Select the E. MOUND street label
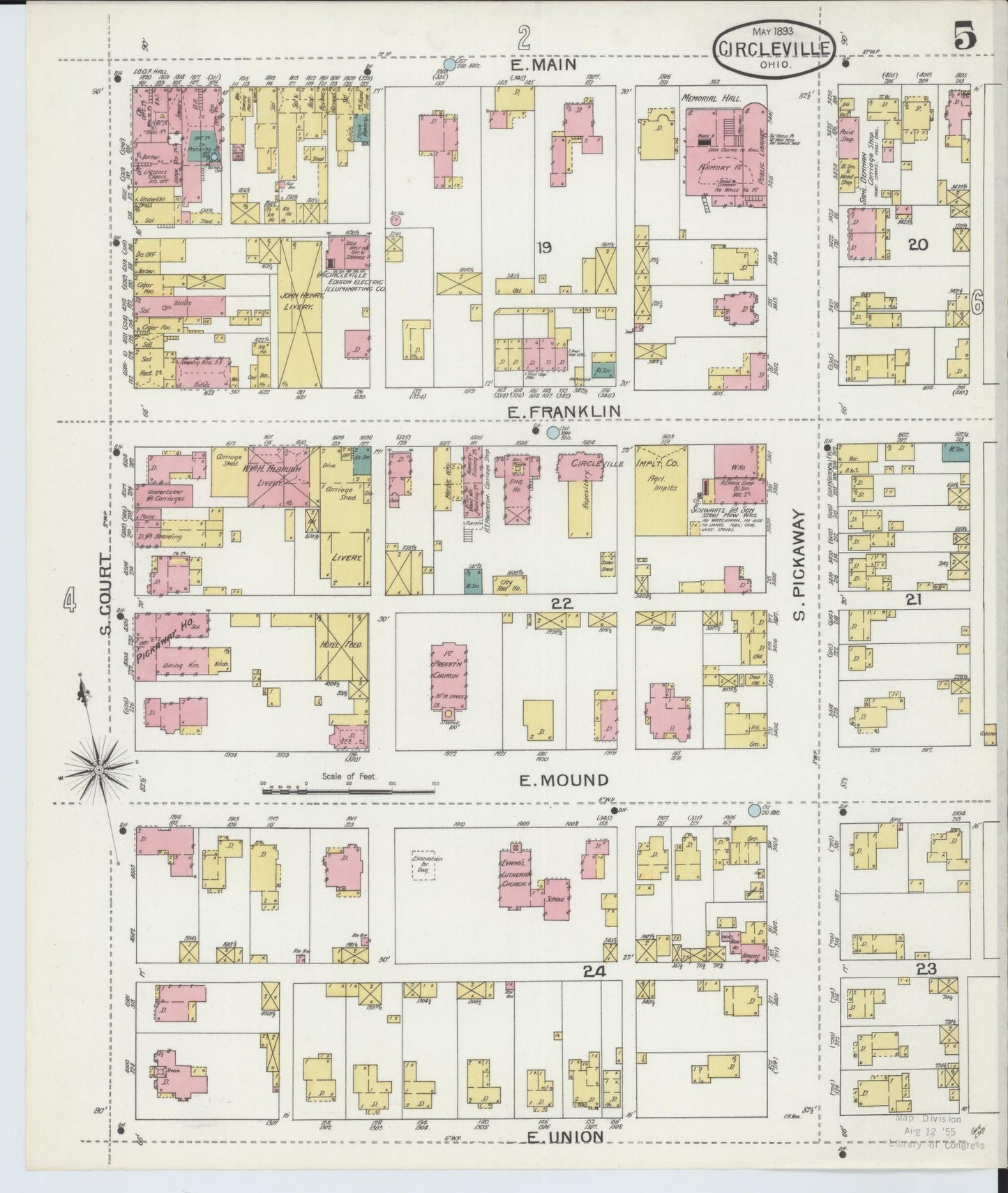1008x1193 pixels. click(x=564, y=779)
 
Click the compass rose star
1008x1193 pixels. click(x=99, y=768)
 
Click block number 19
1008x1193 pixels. click(x=544, y=246)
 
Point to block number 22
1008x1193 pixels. click(x=562, y=604)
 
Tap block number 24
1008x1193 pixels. click(x=595, y=971)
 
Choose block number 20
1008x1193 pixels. click(x=917, y=244)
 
